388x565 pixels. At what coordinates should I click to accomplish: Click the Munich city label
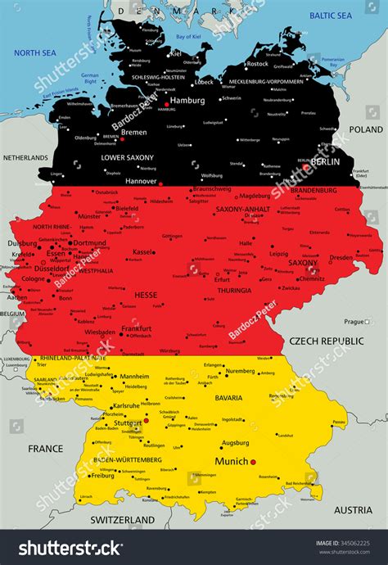(230, 462)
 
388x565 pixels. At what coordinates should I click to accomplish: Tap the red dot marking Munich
(254, 462)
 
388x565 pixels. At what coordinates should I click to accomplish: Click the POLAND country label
(365, 129)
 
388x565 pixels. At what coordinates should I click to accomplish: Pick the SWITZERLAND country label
(124, 520)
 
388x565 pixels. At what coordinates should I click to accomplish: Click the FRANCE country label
(45, 449)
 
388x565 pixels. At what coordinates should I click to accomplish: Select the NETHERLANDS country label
(25, 156)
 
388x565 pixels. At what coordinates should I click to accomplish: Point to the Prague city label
(354, 322)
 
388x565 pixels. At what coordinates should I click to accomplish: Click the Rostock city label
(257, 64)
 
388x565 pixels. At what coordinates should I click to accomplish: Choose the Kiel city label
(176, 53)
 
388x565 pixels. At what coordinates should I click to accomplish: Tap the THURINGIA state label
(234, 291)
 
